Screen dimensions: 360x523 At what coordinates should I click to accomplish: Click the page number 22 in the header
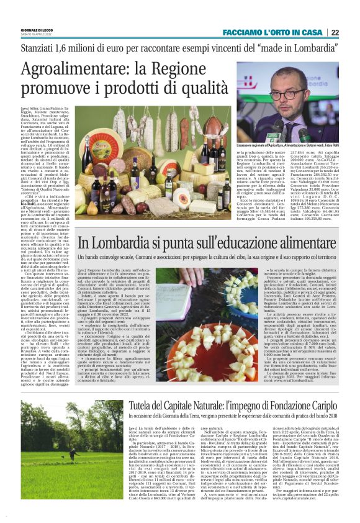coord(351,32)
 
